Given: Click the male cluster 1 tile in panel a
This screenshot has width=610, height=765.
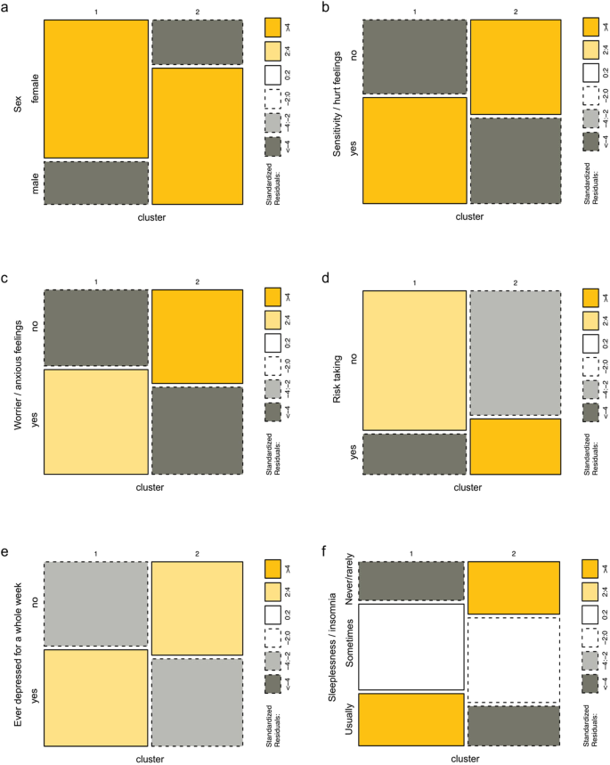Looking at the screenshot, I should click(95, 183).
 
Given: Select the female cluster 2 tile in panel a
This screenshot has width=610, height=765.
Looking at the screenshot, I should click(197, 136).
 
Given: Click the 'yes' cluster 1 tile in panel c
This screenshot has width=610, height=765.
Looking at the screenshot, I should click(95, 421).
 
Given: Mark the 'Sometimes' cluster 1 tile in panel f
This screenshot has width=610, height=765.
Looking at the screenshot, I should click(413, 641).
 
